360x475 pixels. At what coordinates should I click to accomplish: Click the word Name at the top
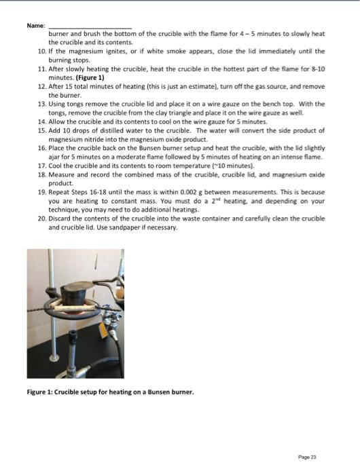coord(35,25)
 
